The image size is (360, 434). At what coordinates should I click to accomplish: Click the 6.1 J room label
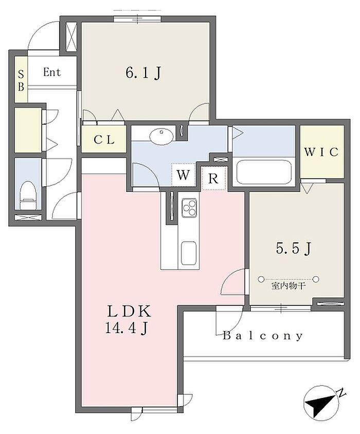coord(143,73)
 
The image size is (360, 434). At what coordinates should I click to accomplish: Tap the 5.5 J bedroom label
coord(294,248)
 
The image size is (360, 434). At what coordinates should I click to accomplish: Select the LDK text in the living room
coord(129,311)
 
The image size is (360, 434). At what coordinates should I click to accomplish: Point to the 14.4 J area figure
coord(127,328)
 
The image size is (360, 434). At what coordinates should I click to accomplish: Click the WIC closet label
coord(321,152)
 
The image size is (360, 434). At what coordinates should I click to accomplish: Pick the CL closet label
coord(104,140)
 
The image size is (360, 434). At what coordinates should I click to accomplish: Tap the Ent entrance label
coord(52,72)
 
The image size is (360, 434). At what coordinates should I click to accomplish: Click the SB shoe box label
coord(21,80)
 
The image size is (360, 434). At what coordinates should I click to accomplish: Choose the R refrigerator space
coord(213,179)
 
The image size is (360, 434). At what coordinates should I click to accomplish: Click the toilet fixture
coord(28,195)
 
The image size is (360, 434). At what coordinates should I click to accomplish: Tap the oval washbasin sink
coord(161,136)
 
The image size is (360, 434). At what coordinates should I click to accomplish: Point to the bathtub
coord(264,172)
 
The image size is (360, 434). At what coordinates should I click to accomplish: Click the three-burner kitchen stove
coord(189,207)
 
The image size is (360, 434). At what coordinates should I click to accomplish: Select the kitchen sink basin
coord(189,253)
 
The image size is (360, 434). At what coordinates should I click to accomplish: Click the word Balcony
coord(263,336)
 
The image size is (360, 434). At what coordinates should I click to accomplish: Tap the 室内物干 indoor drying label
coord(289,286)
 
